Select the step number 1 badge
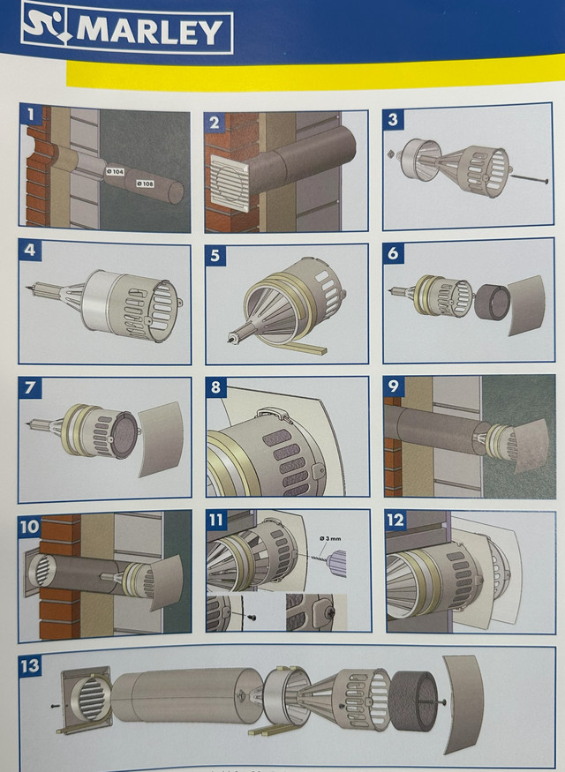pyautogui.click(x=32, y=115)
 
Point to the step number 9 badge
pyautogui.click(x=395, y=386)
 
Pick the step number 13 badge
pyautogui.click(x=31, y=665)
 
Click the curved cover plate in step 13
pyautogui.click(x=465, y=711)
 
